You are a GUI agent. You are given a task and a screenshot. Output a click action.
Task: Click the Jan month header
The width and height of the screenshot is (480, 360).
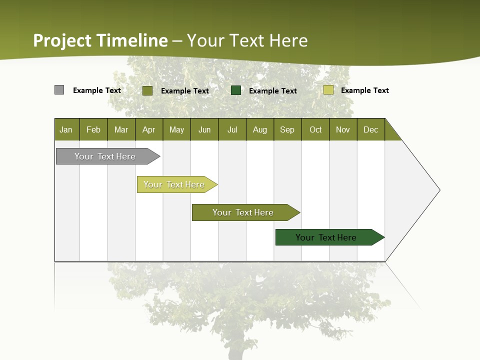pos(66,129)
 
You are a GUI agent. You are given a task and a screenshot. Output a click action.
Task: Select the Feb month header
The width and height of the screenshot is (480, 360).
pos(93,129)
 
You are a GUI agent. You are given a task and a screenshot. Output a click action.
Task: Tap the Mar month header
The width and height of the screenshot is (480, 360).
pos(121,129)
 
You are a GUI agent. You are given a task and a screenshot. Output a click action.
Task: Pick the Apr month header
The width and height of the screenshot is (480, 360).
pos(149,129)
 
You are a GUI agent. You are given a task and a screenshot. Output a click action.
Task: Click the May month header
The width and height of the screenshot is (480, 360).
pos(176,129)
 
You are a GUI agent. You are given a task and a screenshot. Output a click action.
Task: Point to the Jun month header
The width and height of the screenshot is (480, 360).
pos(204,129)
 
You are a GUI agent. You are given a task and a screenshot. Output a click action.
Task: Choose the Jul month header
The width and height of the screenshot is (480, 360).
pos(232,129)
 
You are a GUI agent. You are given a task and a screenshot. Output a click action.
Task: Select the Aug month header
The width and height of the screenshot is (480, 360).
pos(260,129)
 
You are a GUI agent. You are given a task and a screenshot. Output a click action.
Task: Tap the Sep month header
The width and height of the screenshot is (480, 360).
pos(287,129)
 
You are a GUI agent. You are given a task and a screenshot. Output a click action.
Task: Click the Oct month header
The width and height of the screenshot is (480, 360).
pos(315,129)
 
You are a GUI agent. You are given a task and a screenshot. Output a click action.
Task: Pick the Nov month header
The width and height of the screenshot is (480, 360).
pos(343,129)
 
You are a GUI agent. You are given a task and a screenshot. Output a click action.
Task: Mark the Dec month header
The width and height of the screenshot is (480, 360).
pos(371,129)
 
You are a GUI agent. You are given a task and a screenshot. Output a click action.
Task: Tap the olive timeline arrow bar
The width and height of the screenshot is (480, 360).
pos(243,212)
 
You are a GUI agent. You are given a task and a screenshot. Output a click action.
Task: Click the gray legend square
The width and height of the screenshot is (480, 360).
pos(59,90)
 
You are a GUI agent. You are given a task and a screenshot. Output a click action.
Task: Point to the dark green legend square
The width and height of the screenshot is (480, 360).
pos(236,90)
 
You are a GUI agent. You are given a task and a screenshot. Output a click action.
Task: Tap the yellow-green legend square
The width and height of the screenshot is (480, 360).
pos(328,90)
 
